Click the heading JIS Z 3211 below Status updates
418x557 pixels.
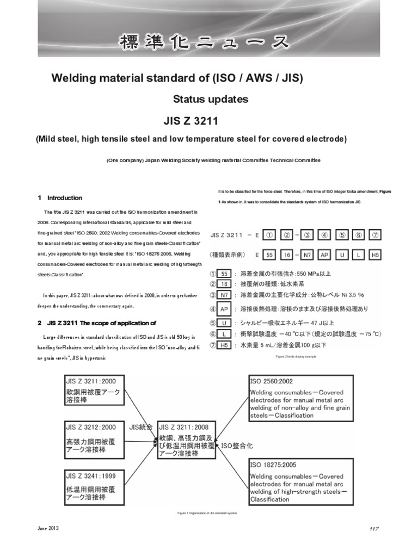click(x=210, y=120)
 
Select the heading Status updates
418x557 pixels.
click(x=210, y=100)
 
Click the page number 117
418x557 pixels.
click(x=373, y=529)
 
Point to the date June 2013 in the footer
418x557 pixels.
click(x=47, y=528)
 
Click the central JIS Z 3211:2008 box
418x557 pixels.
click(x=187, y=440)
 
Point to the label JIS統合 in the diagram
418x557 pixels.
click(x=142, y=426)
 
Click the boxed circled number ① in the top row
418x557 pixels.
click(x=268, y=235)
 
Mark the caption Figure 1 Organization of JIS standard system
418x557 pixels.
click(x=207, y=513)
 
